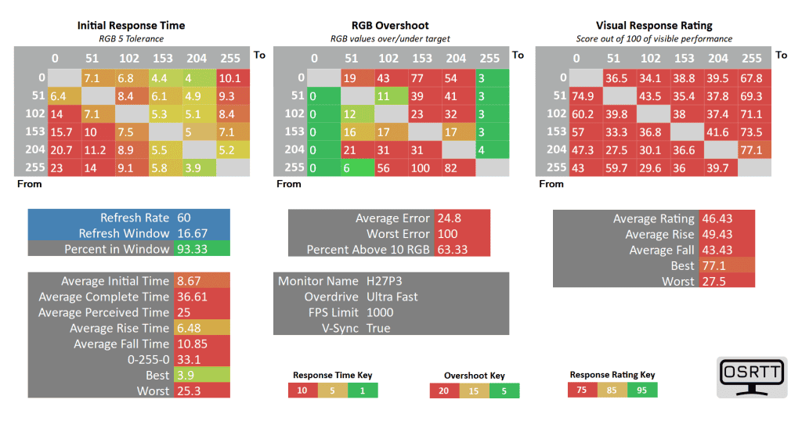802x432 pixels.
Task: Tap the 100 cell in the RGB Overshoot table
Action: (422, 167)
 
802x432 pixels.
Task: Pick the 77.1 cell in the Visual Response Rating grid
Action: (751, 149)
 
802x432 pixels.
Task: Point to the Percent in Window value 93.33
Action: (193, 249)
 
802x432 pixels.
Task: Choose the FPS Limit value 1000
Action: (380, 312)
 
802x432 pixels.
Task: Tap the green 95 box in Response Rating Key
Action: (641, 390)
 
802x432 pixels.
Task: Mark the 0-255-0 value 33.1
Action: (189, 359)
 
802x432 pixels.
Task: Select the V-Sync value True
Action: (378, 328)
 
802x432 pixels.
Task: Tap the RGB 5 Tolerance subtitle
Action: (131, 38)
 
